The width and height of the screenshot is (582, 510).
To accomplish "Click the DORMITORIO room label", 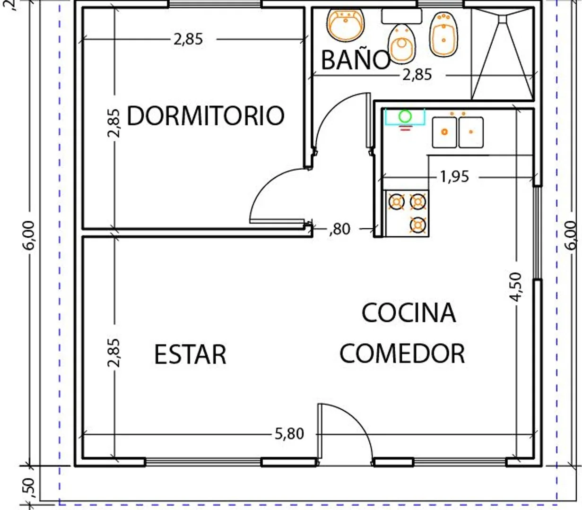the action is pyautogui.click(x=205, y=115).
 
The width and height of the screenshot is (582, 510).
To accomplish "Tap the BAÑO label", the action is pyautogui.click(x=356, y=60).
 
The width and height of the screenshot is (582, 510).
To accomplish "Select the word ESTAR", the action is pyautogui.click(x=190, y=354).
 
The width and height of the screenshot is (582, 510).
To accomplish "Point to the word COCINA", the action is pyautogui.click(x=408, y=313).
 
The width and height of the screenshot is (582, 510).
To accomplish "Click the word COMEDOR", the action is pyautogui.click(x=402, y=353).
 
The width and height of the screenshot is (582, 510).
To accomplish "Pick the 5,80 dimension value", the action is pyautogui.click(x=289, y=433).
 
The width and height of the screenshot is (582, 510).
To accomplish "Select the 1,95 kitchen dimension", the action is pyautogui.click(x=454, y=177).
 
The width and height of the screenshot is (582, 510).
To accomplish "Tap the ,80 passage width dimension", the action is pyautogui.click(x=340, y=229).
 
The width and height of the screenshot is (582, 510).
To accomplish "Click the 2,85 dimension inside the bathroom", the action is pyautogui.click(x=417, y=75).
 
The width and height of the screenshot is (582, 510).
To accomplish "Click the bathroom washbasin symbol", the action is pyautogui.click(x=346, y=25).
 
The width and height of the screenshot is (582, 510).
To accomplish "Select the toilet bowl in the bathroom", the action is pyautogui.click(x=401, y=43).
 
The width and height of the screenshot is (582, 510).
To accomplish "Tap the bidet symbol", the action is pyautogui.click(x=443, y=34).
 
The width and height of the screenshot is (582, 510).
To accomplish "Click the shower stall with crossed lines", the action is pyautogui.click(x=503, y=54).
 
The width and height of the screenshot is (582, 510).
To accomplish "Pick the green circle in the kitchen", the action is pyautogui.click(x=405, y=116).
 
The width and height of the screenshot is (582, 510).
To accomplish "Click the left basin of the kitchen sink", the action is pyautogui.click(x=444, y=132).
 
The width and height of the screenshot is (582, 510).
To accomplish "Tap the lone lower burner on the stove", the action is pyautogui.click(x=417, y=225).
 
